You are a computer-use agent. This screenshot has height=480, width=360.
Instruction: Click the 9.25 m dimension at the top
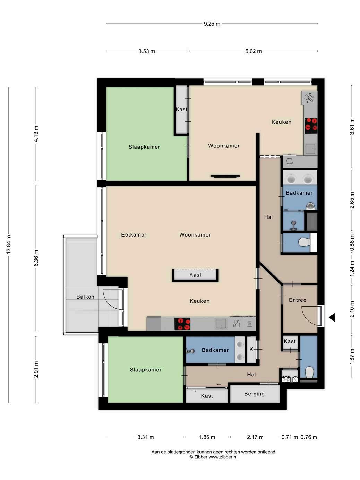(x=212, y=24)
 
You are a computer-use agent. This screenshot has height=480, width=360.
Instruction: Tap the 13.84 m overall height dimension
(x=9, y=245)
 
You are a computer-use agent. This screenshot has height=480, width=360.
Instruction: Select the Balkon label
(x=85, y=297)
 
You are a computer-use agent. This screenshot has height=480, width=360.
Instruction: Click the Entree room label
(x=298, y=300)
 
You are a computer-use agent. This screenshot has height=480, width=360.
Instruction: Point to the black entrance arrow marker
(x=332, y=317)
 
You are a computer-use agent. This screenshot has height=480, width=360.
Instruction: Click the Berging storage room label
(x=255, y=394)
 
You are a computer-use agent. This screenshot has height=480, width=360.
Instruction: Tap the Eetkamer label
(x=134, y=235)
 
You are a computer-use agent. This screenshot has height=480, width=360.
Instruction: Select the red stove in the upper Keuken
(x=311, y=125)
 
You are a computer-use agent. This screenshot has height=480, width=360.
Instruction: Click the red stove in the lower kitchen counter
(x=182, y=324)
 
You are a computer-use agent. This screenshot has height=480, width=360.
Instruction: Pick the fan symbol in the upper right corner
(x=309, y=98)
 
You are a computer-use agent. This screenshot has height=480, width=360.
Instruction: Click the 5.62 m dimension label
(x=253, y=51)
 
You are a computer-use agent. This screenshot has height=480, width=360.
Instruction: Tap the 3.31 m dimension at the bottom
(x=146, y=437)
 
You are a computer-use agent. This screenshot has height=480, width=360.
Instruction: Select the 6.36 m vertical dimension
(x=36, y=258)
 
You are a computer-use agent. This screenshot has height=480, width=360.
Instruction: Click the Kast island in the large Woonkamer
(x=195, y=275)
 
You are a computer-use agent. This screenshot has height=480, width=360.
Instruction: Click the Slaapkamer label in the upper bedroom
(x=144, y=147)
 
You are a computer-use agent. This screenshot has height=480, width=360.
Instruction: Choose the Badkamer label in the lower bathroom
(x=215, y=350)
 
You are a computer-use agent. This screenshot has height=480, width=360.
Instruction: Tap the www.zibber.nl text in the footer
(x=223, y=457)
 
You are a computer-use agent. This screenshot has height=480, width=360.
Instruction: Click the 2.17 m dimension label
(x=255, y=437)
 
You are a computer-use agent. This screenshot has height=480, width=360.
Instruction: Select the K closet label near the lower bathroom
(x=251, y=349)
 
